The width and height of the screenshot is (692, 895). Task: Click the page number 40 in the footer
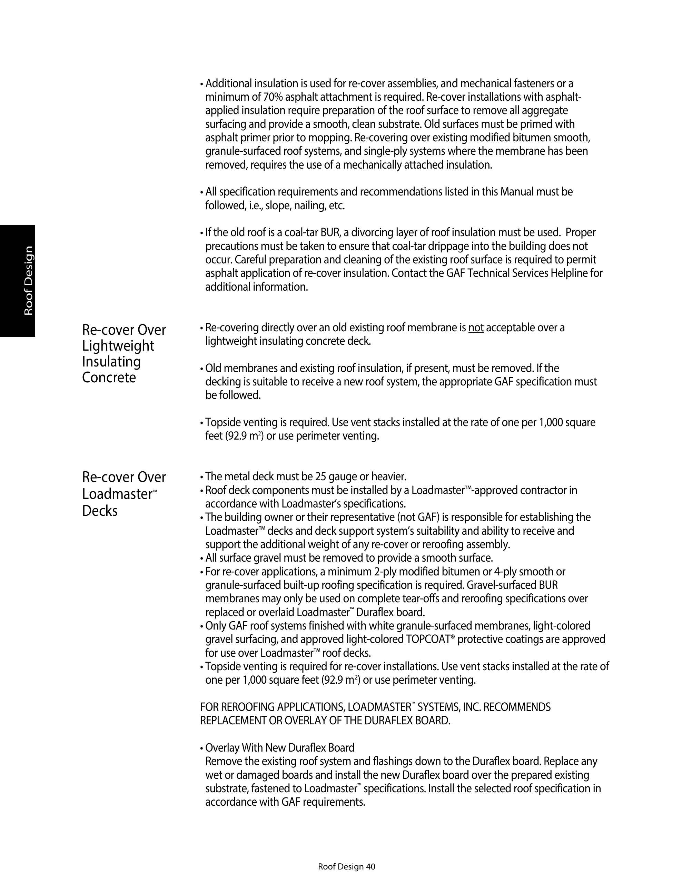(370, 866)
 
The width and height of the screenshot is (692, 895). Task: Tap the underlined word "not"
(476, 328)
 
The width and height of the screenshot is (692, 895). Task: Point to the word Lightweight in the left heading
(118, 346)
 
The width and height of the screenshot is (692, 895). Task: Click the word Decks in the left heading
(100, 511)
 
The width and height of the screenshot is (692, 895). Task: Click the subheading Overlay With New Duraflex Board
(279, 747)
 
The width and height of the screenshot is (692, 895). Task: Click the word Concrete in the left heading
(109, 378)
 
